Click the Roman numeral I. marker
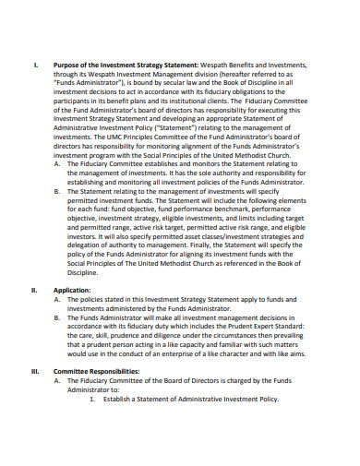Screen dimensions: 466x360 click(x=35, y=65)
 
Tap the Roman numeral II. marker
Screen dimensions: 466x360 click(x=35, y=289)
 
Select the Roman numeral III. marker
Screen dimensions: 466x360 click(x=35, y=370)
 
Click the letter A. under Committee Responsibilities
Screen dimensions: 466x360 click(x=59, y=379)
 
